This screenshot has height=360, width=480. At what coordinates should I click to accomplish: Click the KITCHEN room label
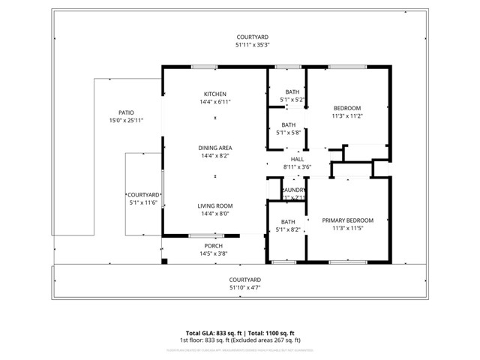click(214, 94)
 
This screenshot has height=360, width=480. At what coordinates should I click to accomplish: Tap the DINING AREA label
click(214, 148)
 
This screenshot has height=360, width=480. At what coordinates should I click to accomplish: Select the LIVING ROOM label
click(214, 205)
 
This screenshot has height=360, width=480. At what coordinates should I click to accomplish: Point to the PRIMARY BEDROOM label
click(347, 220)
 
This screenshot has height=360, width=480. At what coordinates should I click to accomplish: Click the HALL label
click(297, 160)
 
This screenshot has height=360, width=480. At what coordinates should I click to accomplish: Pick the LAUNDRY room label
click(293, 190)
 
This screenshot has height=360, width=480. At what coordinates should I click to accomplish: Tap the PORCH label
click(214, 246)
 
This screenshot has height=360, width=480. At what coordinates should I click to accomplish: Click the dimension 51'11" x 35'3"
click(252, 45)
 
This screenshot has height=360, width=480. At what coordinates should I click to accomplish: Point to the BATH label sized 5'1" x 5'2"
click(292, 91)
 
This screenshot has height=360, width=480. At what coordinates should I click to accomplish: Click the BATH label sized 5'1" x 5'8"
click(289, 125)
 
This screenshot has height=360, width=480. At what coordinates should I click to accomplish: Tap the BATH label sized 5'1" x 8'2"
click(289, 222)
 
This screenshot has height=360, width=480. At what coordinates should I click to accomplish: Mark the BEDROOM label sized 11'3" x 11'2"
click(347, 108)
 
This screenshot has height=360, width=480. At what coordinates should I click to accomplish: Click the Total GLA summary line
click(240, 332)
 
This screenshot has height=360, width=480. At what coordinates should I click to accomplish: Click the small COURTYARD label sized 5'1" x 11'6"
click(142, 195)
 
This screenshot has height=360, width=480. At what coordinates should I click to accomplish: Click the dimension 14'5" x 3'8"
click(214, 253)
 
